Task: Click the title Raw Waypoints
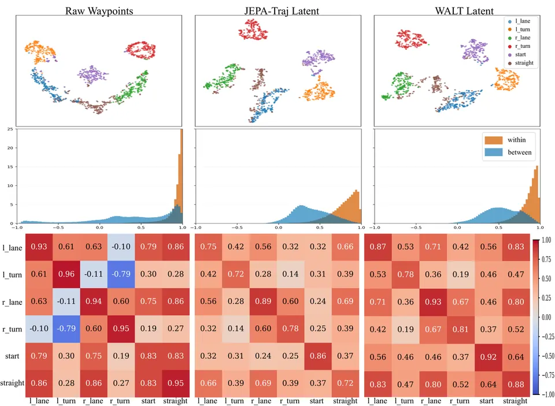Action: (99, 11)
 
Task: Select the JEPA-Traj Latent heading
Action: (282, 11)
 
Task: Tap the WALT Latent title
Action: (464, 11)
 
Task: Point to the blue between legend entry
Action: (508, 152)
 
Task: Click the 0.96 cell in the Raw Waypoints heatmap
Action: (66, 274)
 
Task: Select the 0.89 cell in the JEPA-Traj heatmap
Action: (263, 301)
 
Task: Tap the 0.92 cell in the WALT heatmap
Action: (489, 357)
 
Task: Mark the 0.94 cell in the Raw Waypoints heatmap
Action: (94, 301)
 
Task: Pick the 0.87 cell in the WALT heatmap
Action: (378, 247)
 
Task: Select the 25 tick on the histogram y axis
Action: (10, 129)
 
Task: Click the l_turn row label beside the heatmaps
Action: (12, 275)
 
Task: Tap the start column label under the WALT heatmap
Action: (486, 401)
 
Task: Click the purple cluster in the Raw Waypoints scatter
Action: (92, 75)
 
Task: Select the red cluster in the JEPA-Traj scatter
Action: (253, 29)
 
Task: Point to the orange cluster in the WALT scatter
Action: (506, 80)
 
